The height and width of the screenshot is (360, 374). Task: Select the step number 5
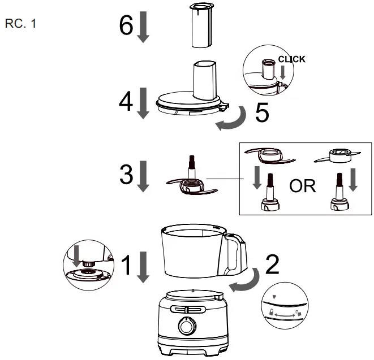(261, 112)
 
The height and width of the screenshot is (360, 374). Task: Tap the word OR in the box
(302, 186)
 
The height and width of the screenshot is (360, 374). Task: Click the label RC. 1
(21, 25)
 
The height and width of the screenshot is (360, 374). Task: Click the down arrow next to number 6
(143, 27)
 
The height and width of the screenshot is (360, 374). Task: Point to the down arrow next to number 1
(143, 267)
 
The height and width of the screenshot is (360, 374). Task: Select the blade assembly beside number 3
(191, 180)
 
